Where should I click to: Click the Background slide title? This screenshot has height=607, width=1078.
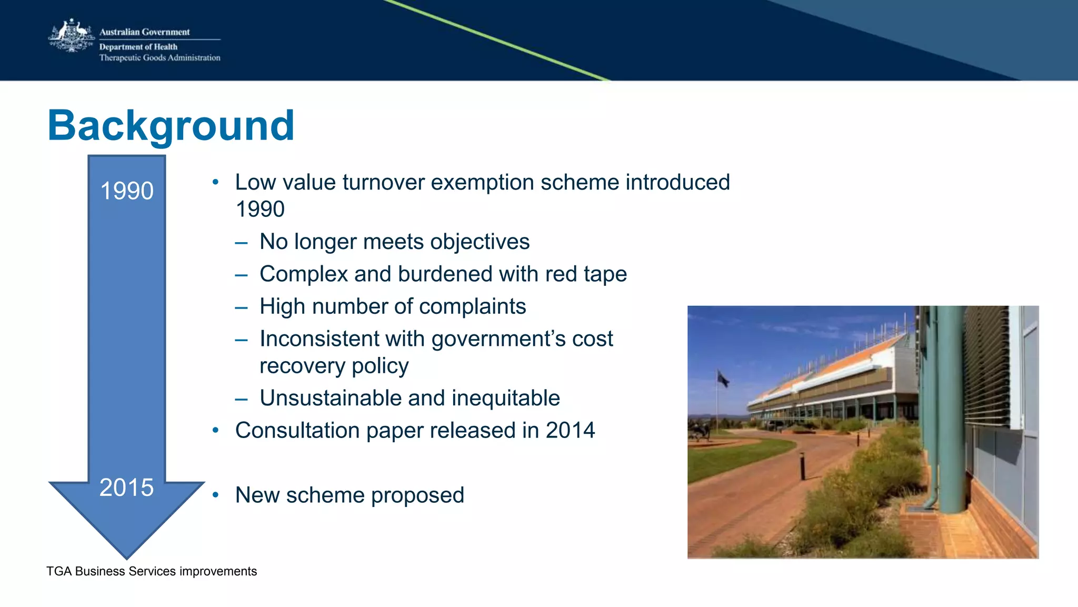(171, 126)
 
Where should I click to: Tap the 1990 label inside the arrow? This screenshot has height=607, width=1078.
(127, 191)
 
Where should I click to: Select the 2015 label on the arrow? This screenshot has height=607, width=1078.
(126, 487)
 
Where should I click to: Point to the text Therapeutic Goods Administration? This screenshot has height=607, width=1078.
(159, 58)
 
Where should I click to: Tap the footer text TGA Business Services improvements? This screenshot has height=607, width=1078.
(152, 571)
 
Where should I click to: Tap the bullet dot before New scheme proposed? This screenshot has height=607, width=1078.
(215, 495)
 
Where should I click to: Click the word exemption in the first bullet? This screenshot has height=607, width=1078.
(482, 183)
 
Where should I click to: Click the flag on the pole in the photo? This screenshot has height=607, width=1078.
(723, 378)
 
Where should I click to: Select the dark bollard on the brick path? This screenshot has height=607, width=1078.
(803, 466)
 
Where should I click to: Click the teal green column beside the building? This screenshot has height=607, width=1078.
(950, 411)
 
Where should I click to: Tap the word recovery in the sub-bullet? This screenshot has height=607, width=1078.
(302, 366)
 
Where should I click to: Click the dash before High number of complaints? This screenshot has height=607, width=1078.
(241, 307)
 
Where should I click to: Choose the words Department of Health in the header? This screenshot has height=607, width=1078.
(138, 47)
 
